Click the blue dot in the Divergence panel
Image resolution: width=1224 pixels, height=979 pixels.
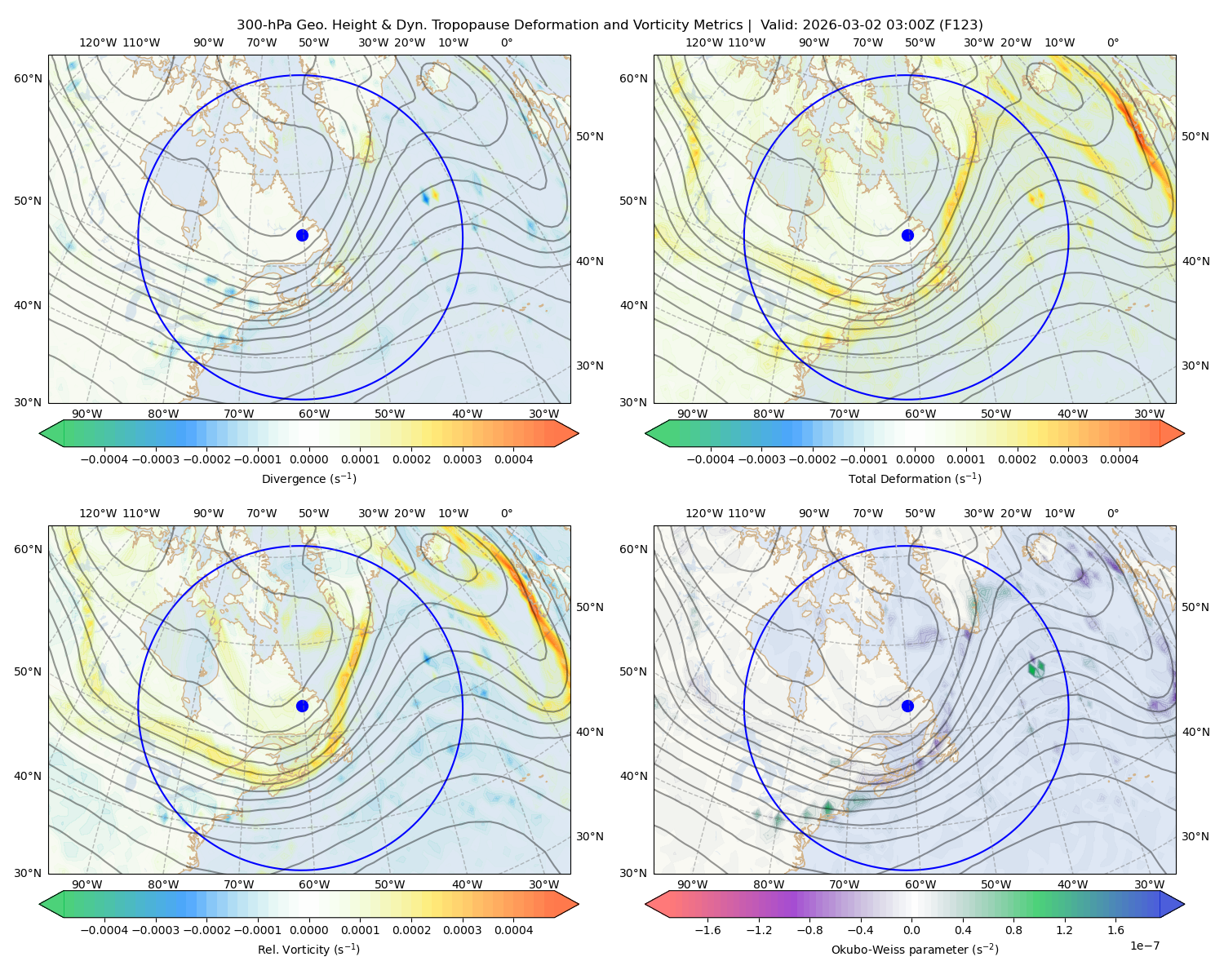[302, 235]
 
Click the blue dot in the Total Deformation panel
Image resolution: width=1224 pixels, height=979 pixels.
[907, 235]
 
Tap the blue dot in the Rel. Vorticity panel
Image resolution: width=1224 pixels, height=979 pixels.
[302, 706]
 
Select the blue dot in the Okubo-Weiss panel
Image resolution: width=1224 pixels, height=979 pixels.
[907, 706]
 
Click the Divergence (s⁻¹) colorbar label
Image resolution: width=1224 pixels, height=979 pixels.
[308, 478]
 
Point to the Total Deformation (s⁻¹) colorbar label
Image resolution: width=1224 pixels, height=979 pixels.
[915, 478]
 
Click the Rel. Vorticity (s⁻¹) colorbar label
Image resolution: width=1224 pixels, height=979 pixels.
[308, 950]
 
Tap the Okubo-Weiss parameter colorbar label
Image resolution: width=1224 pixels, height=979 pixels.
[915, 950]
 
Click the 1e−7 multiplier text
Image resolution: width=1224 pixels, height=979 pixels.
[1144, 946]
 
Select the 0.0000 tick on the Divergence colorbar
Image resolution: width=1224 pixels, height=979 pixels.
[308, 459]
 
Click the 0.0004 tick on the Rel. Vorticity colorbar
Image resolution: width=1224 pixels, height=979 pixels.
[513, 930]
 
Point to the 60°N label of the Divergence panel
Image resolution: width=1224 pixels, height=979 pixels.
[28, 78]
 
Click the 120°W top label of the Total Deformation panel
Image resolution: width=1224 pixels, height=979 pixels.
[703, 42]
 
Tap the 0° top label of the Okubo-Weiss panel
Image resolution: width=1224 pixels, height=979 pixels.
[1112, 513]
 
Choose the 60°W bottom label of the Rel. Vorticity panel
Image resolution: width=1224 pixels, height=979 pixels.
[314, 884]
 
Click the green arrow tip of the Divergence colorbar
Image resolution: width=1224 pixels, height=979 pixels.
[40, 433]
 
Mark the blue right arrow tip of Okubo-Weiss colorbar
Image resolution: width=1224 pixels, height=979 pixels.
[1184, 904]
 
